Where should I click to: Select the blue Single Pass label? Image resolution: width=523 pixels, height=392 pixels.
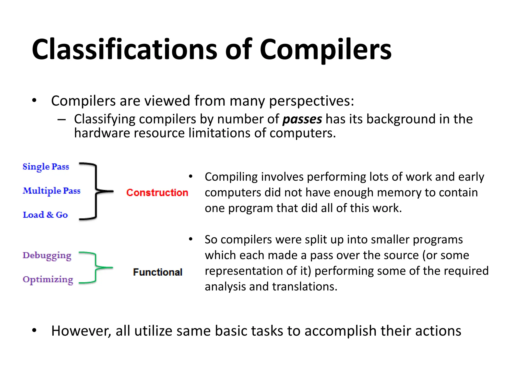tap(46, 167)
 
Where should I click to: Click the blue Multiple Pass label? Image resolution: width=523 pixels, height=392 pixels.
tap(52, 191)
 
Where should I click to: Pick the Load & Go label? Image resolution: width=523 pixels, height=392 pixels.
tap(45, 215)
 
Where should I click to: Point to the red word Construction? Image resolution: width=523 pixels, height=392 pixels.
tap(157, 193)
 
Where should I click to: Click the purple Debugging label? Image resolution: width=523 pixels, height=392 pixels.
tap(47, 256)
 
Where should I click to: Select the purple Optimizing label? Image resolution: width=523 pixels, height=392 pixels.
tap(48, 280)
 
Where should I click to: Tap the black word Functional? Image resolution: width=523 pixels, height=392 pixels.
tap(158, 272)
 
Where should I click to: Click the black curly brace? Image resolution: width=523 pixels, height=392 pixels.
tap(96, 191)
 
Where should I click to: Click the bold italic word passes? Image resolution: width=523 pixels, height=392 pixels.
tap(302, 119)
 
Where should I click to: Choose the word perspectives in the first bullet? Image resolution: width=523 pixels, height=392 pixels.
tap(312, 101)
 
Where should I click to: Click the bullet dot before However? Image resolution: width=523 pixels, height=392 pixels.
tap(34, 331)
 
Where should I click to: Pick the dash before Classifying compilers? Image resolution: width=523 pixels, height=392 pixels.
tap(62, 119)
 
